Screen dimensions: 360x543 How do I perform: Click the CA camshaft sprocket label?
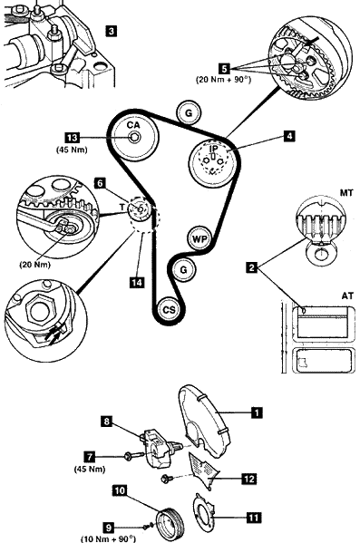point(133,125)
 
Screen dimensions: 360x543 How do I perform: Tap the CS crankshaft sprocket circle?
point(169,310)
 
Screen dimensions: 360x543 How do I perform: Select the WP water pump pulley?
point(199,238)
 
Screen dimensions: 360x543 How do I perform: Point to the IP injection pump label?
point(214,149)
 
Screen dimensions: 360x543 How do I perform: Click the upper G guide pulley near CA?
point(189,113)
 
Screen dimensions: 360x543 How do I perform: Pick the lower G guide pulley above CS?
point(184,270)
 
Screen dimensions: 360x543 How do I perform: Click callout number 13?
point(72,138)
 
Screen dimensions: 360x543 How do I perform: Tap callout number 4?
point(289,137)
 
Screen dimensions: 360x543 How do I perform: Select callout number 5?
point(224,69)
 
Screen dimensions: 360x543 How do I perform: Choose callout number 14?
point(137,283)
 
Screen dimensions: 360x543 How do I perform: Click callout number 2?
point(252,267)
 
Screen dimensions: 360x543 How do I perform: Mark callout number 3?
point(111,31)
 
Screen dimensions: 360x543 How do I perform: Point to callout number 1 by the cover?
point(257,412)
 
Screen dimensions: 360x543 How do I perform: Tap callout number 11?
point(254,518)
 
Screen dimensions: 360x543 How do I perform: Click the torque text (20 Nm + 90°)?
point(223,79)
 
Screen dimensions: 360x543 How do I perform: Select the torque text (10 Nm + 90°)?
point(108,538)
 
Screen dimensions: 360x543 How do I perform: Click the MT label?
point(346,193)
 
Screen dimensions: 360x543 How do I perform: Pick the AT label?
point(347,296)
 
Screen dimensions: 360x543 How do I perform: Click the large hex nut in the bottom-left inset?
point(39,309)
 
